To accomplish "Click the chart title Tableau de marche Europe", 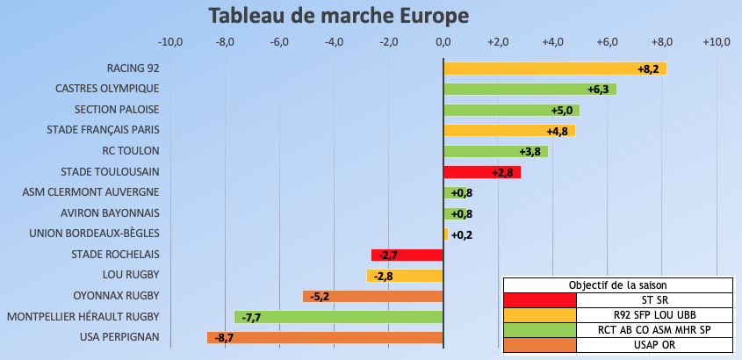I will [338, 17].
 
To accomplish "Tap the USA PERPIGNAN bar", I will [325, 337].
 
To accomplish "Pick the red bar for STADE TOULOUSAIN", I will [482, 172].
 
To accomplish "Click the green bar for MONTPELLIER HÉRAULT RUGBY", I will [339, 317].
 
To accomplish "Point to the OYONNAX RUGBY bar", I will [373, 296].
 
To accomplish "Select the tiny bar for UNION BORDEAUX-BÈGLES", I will [446, 234].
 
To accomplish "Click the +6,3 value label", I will [601, 89].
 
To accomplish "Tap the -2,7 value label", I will [386, 256].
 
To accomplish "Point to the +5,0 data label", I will [562, 110].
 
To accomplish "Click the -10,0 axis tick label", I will [169, 42].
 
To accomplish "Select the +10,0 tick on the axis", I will [717, 42].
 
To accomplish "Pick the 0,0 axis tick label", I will [443, 42].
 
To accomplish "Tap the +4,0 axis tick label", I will [552, 42].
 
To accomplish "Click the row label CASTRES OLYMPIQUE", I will [107, 89].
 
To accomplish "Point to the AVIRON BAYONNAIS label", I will [110, 213].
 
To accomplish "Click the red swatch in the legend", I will [539, 299].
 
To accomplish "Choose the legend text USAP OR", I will [654, 344].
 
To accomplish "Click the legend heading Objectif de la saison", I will [617, 284].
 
